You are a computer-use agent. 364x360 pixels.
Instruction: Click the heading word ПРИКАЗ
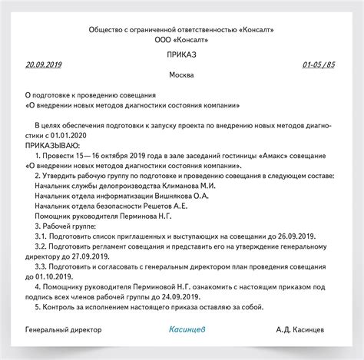point(181,55)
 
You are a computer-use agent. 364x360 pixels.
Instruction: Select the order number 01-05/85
point(319,65)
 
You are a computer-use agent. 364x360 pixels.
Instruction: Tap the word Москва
point(181,77)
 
